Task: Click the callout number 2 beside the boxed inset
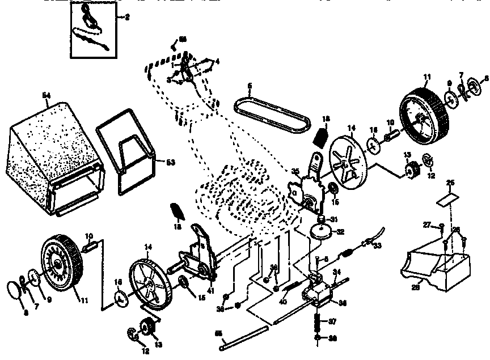tap(127, 18)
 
